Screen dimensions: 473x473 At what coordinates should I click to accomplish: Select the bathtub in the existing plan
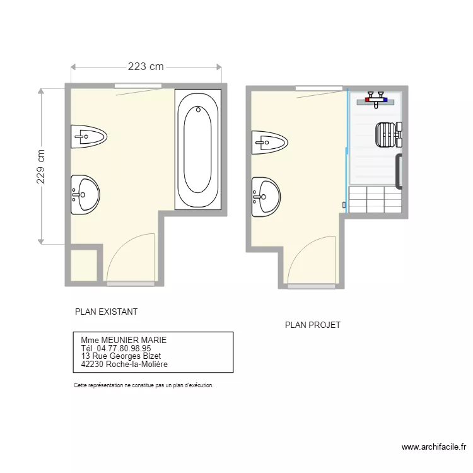tap(199, 149)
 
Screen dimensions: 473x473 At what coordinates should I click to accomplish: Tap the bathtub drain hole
tap(199, 110)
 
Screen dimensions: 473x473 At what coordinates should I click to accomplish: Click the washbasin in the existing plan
tap(84, 195)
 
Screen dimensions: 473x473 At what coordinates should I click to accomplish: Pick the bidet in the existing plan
tap(88, 136)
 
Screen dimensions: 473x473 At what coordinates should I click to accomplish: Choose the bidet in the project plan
tap(269, 143)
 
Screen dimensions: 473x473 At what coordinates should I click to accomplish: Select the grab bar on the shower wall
tap(399, 172)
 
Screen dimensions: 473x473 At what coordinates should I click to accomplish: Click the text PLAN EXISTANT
tap(106, 312)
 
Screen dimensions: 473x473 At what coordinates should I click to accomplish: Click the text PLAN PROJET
tap(313, 325)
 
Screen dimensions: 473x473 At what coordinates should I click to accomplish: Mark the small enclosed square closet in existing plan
tap(83, 266)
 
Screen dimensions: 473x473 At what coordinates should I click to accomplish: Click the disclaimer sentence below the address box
tap(144, 384)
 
